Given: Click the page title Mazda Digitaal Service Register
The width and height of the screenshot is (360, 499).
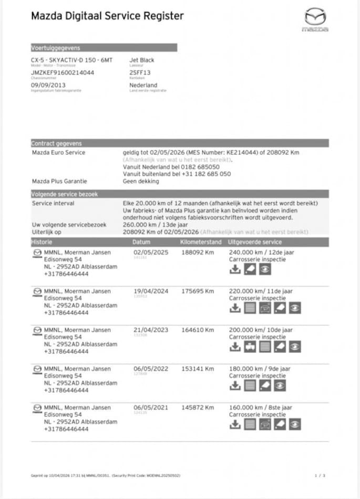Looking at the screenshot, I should [x=107, y=16].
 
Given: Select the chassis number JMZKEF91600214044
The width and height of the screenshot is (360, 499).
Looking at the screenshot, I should [x=63, y=72].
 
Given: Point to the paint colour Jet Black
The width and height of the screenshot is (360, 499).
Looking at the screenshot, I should [x=142, y=60].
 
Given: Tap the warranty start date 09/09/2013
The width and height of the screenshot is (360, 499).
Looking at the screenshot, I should [x=48, y=85].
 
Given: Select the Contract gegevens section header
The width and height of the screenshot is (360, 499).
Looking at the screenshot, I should [x=56, y=143].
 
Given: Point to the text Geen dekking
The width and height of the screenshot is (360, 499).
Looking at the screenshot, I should [x=141, y=181].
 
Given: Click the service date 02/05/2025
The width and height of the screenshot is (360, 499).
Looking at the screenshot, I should [x=151, y=252].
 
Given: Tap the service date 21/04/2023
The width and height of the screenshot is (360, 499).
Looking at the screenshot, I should [x=151, y=330].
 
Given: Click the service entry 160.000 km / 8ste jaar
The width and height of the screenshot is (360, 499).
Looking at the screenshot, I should [x=261, y=408].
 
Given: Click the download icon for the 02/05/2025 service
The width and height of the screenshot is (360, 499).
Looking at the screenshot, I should [x=235, y=269].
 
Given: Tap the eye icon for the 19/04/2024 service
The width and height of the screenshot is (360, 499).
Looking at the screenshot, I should [x=295, y=308].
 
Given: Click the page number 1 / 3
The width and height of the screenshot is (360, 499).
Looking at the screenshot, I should [x=320, y=476].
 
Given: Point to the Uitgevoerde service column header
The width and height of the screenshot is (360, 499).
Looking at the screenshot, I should [x=255, y=242].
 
